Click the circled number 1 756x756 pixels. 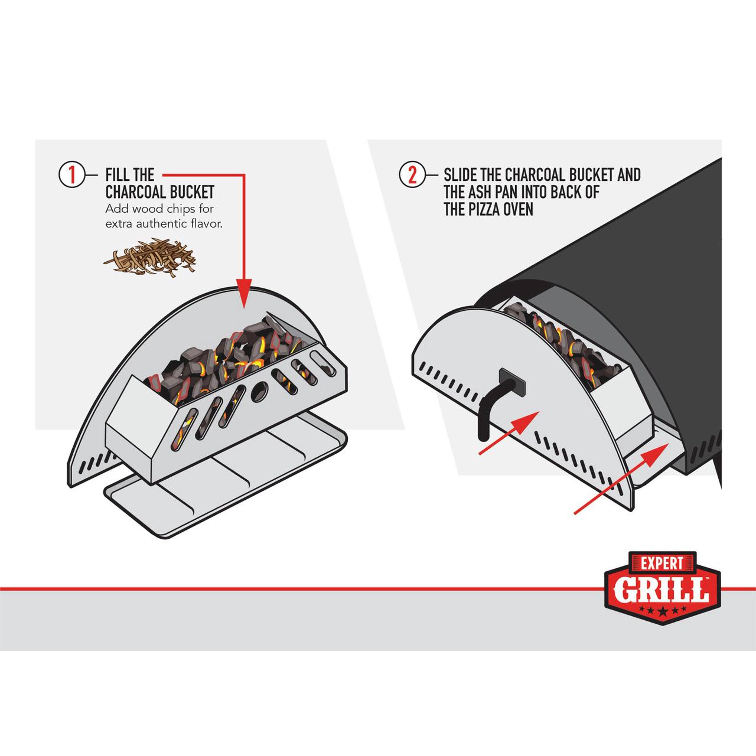(x=71, y=175)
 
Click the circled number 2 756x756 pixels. (x=412, y=175)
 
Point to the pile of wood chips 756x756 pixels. (x=149, y=258)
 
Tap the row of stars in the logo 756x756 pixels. (x=662, y=610)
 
